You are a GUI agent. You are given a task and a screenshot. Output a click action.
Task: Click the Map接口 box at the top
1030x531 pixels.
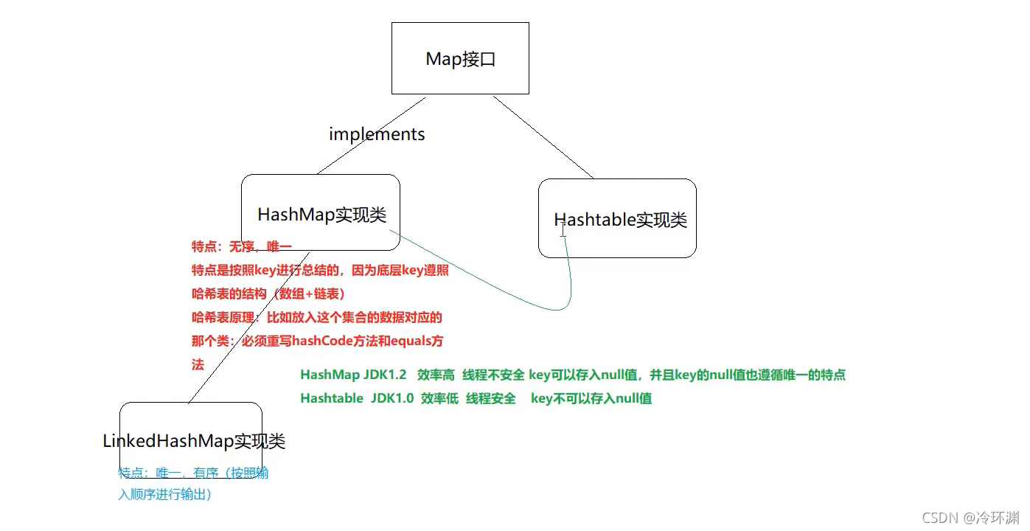[x=460, y=59]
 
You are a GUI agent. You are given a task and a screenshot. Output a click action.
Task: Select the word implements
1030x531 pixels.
[x=377, y=134]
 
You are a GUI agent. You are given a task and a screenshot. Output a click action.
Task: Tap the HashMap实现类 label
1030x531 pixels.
[x=321, y=215]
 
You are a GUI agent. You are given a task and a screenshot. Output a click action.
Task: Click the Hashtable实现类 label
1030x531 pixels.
[x=620, y=220]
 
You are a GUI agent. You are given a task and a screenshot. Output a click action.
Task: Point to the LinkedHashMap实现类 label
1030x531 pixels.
[x=194, y=441]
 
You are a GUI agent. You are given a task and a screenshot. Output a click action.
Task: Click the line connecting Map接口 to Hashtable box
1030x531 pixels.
[x=544, y=138]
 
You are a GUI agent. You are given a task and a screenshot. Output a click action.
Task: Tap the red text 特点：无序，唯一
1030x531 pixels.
[x=242, y=246]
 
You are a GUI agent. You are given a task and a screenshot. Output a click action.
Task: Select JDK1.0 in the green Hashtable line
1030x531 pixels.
[x=392, y=398]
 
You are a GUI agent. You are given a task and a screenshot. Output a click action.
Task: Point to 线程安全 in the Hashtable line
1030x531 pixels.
[x=490, y=398]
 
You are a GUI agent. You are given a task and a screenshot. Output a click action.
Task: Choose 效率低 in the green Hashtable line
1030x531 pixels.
[x=439, y=398]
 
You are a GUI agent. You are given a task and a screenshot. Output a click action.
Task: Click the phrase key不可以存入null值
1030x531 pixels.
[x=591, y=398]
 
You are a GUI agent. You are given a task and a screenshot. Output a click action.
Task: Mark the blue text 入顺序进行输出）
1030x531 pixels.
[x=165, y=495]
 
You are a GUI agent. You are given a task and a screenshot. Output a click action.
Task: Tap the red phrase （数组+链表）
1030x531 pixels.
[x=308, y=294]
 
